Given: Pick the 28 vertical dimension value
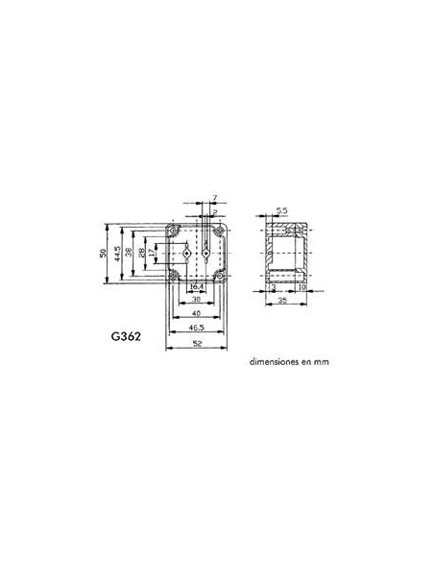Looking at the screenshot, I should (x=141, y=253).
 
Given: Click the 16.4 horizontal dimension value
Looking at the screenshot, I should (x=196, y=287).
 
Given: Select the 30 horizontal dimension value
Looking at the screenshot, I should (x=196, y=300).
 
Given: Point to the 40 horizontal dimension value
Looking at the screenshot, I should (x=196, y=314).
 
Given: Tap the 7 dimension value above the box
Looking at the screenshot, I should (x=215, y=198).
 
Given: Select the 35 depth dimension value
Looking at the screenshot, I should (x=284, y=300).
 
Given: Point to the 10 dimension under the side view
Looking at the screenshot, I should (x=301, y=287).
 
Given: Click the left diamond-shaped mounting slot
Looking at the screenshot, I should (x=185, y=253).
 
